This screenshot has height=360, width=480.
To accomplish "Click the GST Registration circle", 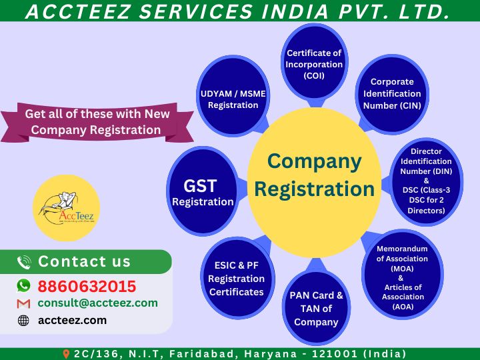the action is (203, 191).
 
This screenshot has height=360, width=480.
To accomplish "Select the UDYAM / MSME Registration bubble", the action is (233, 96).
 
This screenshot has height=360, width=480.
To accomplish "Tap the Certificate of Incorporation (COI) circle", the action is (314, 62).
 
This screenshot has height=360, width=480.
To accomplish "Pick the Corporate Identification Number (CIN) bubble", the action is (392, 94).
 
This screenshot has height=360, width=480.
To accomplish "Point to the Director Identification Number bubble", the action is (426, 181).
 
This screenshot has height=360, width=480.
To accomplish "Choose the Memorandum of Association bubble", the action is (403, 275).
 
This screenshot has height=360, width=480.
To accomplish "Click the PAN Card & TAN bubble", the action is (316, 307).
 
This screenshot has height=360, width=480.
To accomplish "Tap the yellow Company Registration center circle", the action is (315, 182).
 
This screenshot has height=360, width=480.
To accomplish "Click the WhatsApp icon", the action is (23, 285).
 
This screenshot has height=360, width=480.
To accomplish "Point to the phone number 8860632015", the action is (87, 287).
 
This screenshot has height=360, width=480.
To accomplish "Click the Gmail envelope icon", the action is (23, 304).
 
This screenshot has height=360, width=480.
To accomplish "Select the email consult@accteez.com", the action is (97, 303).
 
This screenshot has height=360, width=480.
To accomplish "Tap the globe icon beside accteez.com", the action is (23, 321).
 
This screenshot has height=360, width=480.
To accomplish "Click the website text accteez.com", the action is (72, 320).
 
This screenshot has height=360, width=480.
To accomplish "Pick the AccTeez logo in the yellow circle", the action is (67, 207).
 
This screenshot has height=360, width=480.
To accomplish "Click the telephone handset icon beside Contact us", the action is (24, 263).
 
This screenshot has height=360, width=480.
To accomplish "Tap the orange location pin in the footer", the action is (66, 354).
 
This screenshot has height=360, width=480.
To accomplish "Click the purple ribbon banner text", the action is (97, 122).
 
